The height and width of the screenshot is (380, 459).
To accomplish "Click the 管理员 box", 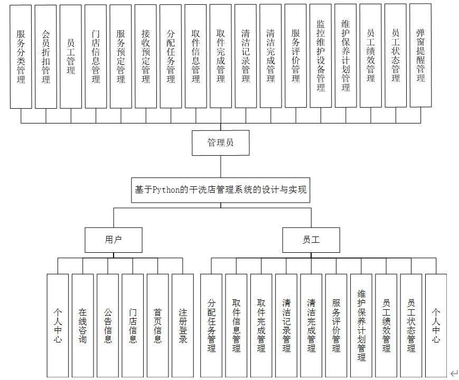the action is (x=220, y=142).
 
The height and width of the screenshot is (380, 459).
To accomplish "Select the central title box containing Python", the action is (x=220, y=190).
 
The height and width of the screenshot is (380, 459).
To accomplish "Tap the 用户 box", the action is (x=113, y=240).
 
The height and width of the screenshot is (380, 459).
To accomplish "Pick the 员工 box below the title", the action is (x=311, y=240).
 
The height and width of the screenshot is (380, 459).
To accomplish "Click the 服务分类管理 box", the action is (x=21, y=56).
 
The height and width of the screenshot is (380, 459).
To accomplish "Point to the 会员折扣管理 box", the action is (x=46, y=56).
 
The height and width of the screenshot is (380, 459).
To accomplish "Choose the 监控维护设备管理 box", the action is (x=321, y=56).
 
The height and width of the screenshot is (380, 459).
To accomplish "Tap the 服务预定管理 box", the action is (x=121, y=56).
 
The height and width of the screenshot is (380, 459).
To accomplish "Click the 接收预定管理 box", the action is (x=146, y=56).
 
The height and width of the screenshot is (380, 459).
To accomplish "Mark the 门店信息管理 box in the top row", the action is (x=96, y=56).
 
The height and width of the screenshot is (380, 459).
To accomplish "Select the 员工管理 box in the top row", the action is (x=71, y=56).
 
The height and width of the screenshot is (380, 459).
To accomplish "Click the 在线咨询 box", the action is (x=82, y=325).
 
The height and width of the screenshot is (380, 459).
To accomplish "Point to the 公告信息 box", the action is (x=108, y=325).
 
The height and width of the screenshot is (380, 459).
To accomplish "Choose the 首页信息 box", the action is (x=157, y=325).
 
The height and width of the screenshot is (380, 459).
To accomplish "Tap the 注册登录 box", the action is (x=183, y=325).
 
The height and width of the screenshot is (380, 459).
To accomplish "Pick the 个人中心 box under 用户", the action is (x=58, y=325).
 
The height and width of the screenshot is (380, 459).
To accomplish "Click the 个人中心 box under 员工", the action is (x=436, y=325).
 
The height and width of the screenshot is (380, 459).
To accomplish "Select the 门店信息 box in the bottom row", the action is (x=133, y=325).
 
